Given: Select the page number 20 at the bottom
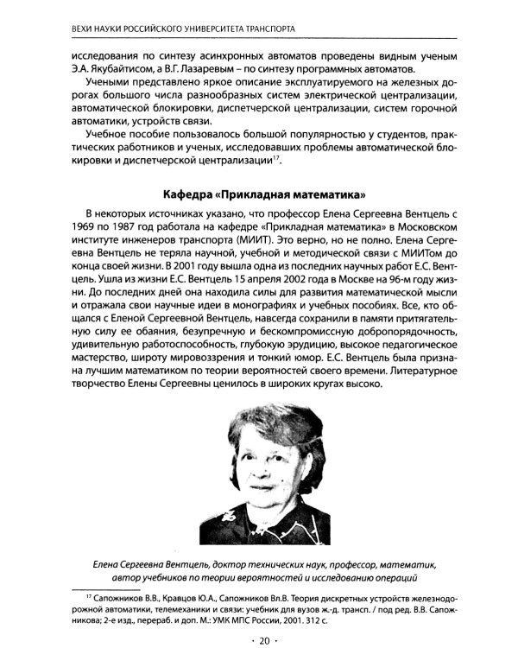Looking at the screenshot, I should pos(260,640).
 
